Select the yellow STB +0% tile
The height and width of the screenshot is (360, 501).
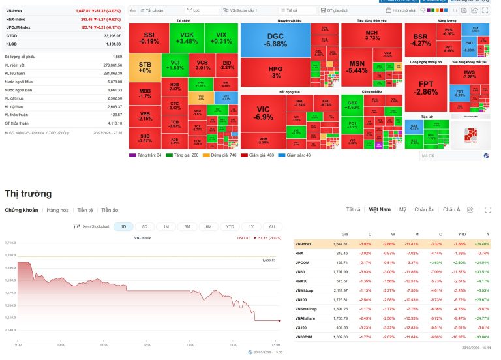tap(144, 67)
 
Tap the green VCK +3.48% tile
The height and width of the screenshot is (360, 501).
tap(187, 38)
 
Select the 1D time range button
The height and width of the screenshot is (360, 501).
tap(124, 226)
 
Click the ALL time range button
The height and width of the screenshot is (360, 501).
tap(272, 226)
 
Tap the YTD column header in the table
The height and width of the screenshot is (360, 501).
tap(462, 234)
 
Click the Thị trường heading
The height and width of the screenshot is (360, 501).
tap(28, 194)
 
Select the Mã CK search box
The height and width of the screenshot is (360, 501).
tap(450, 156)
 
